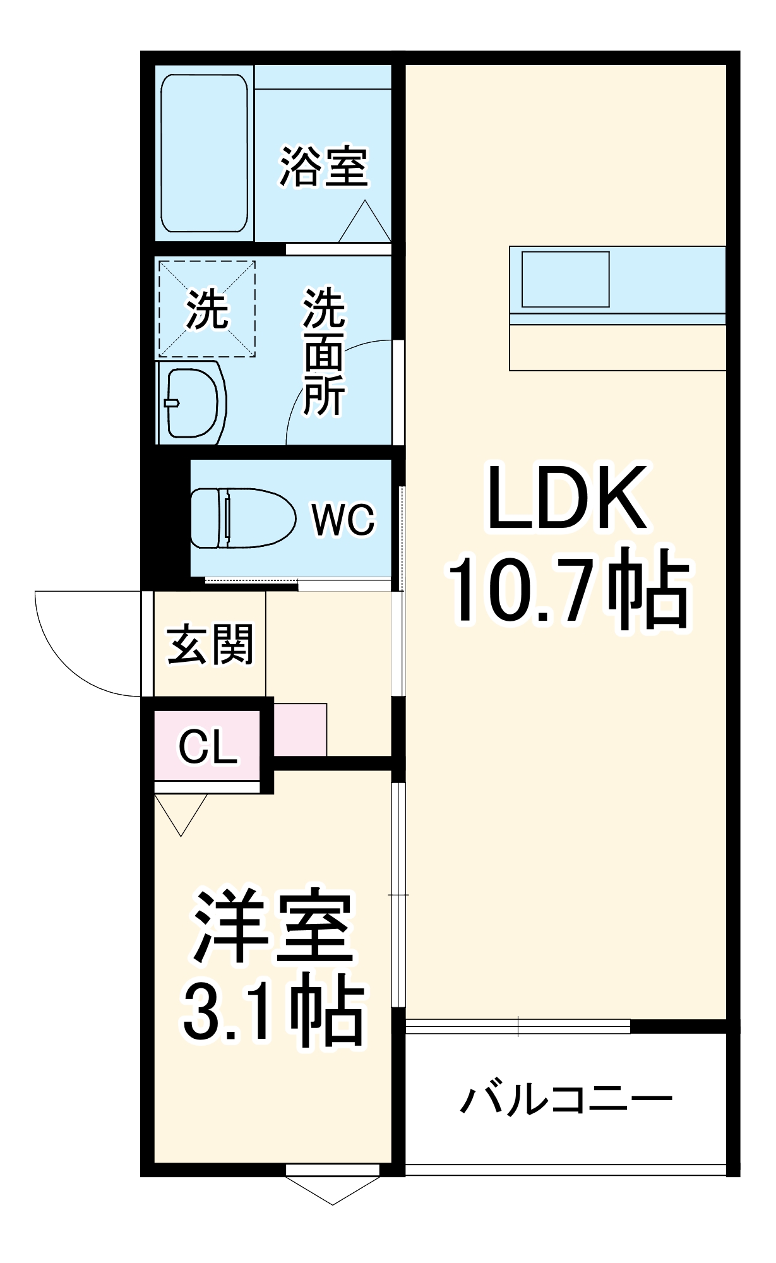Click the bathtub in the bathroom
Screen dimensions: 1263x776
coord(204,153)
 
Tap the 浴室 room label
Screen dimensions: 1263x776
coord(324,167)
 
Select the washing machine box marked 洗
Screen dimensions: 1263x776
coord(206,309)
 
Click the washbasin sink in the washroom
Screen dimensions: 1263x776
coord(191,402)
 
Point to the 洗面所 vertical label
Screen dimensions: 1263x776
coord(324,352)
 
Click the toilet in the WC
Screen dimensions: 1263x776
coord(242,518)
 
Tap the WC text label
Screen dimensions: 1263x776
coord(343,520)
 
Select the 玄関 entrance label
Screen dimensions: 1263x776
coord(210,644)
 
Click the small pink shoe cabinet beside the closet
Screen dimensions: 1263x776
coord(300,729)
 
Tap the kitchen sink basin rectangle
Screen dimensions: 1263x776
coord(565,279)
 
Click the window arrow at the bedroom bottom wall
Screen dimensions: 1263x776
coord(333,1189)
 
